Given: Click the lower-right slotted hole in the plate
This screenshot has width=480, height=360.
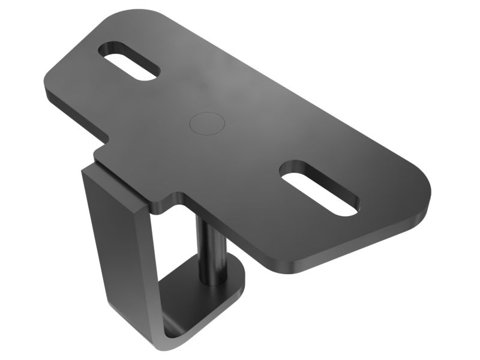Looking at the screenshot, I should (319, 188).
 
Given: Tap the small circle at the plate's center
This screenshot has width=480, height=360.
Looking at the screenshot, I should (207, 122).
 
